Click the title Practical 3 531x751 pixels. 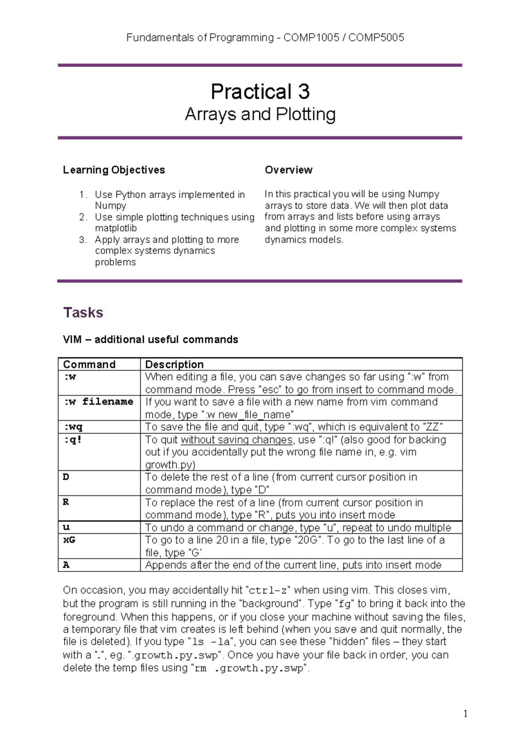[260, 92]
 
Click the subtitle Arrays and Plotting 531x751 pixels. [260, 115]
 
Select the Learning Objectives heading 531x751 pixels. [114, 170]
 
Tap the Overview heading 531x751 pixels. [289, 170]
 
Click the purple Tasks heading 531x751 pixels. [83, 313]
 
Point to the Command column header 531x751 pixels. [89, 364]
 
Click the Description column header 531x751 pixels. [174, 364]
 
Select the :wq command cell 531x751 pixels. [73, 427]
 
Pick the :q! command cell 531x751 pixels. [73, 440]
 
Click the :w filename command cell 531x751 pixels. [98, 402]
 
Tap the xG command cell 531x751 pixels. [69, 540]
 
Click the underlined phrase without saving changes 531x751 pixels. [236, 440]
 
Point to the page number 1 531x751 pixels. [465, 713]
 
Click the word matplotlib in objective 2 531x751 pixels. [116, 228]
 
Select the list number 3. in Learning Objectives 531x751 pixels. [83, 240]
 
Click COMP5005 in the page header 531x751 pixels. [376, 38]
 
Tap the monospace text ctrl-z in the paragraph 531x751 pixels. [269, 590]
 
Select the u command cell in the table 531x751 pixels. [66, 528]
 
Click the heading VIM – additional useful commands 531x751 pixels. [150, 340]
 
